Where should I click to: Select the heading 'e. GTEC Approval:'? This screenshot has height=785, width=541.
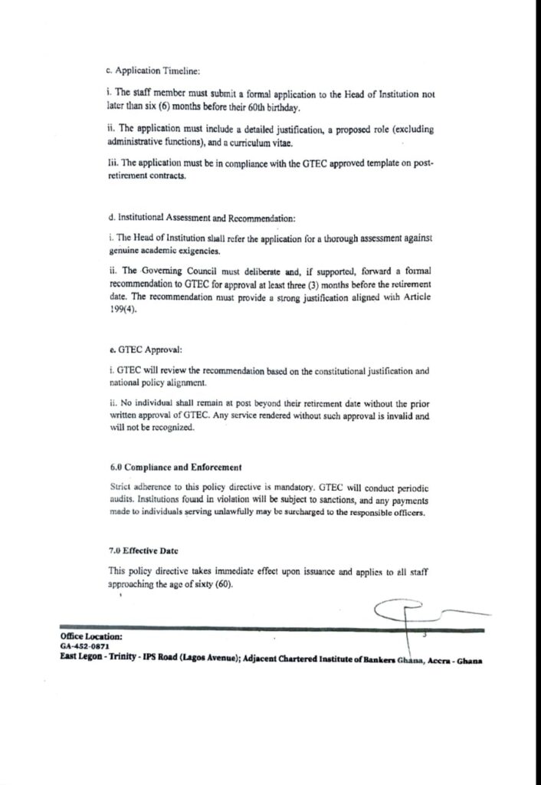pos(134,350)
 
